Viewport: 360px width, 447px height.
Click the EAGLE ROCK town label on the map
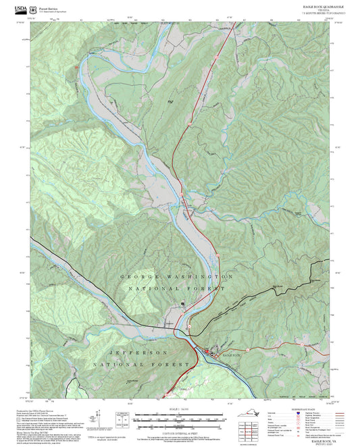pyautogui.click(x=231, y=354)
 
